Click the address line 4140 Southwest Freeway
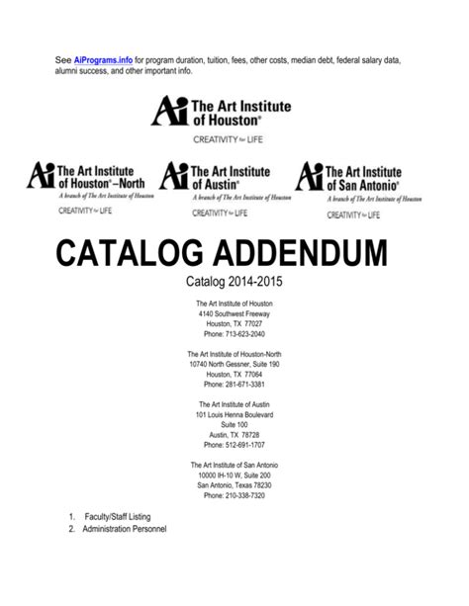(x=234, y=313)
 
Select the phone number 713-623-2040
(x=234, y=334)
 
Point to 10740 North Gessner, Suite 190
(x=234, y=365)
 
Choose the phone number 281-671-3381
(x=234, y=386)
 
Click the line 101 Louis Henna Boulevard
(x=234, y=415)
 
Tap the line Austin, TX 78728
(x=234, y=436)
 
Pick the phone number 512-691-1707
(x=234, y=446)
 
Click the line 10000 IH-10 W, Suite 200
(x=234, y=476)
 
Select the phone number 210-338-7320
(x=234, y=495)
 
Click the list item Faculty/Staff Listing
(x=117, y=517)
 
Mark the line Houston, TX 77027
(x=234, y=323)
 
